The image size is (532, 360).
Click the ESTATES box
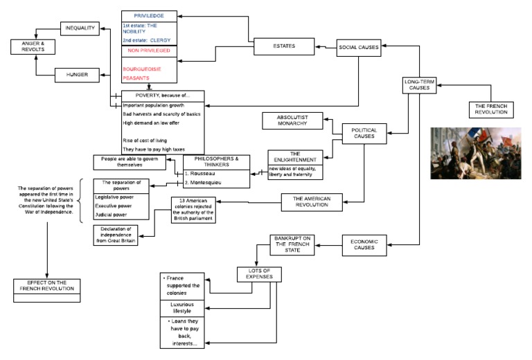click(283, 46)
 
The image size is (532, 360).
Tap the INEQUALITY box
click(80, 28)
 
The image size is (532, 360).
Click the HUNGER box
click(77, 73)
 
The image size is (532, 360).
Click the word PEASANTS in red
click(139, 79)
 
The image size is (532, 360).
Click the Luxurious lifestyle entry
click(183, 308)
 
